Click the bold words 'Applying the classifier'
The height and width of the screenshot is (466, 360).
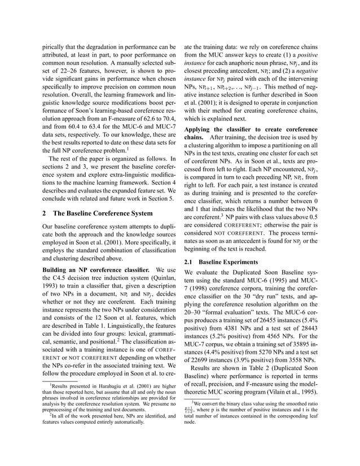[x=222, y=129]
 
